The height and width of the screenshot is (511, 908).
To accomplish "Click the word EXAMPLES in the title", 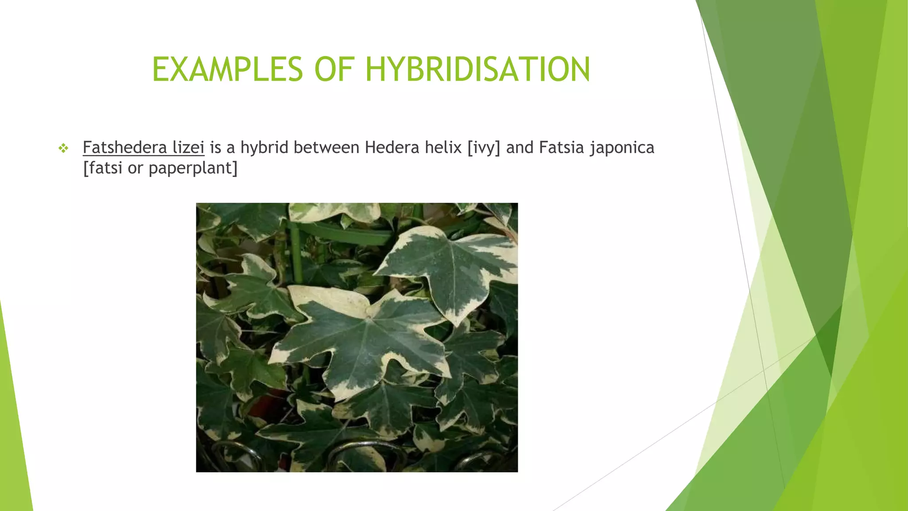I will [x=227, y=70].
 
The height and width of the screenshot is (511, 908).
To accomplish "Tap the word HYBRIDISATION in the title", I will [x=477, y=70].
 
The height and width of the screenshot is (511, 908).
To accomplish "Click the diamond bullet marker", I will [x=63, y=148].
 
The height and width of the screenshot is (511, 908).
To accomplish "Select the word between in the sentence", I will [x=326, y=147].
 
